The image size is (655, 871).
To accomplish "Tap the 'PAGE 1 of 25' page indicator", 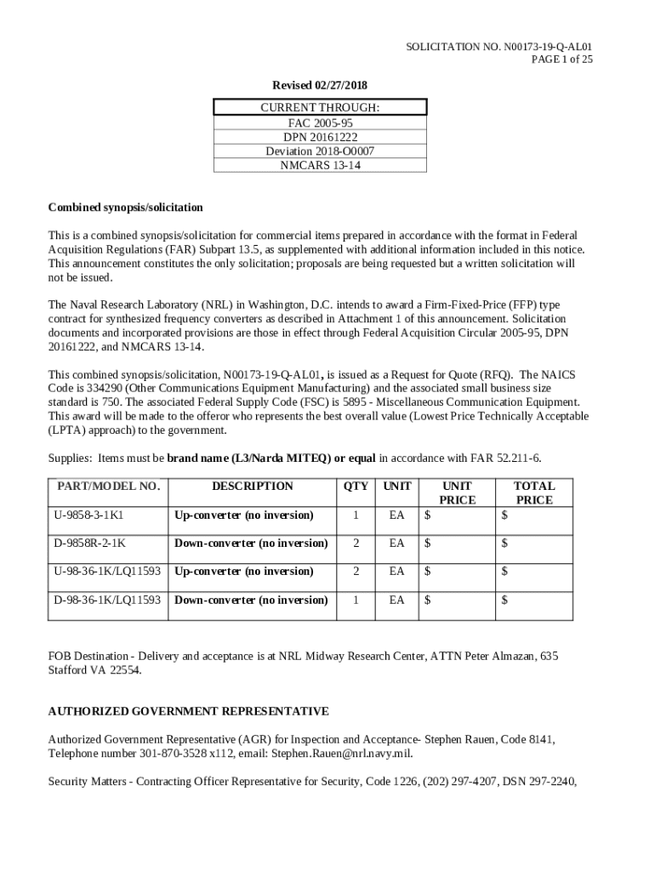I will (561, 60).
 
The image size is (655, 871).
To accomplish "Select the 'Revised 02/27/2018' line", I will (319, 86).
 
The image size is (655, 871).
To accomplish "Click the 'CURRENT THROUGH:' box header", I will (319, 108).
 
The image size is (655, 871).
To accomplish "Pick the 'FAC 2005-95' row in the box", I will (320, 122).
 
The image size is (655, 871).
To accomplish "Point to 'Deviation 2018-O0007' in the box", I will (320, 151).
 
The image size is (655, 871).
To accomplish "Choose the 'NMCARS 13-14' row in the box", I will (320, 166).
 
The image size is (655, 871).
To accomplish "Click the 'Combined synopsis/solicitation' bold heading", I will (125, 208).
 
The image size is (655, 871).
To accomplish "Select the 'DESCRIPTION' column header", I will (252, 487).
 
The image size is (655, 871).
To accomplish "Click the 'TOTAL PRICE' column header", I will (534, 493).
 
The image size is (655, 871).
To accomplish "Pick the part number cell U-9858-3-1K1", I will (88, 515).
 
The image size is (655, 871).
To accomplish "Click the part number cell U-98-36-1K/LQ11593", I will (107, 572).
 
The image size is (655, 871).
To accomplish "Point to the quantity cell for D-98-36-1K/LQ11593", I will (356, 601).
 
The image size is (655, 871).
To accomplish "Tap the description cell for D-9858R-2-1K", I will (251, 544).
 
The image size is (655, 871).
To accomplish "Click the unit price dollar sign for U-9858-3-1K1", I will (428, 515).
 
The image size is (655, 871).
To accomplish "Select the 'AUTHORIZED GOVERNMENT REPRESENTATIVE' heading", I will (188, 711).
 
